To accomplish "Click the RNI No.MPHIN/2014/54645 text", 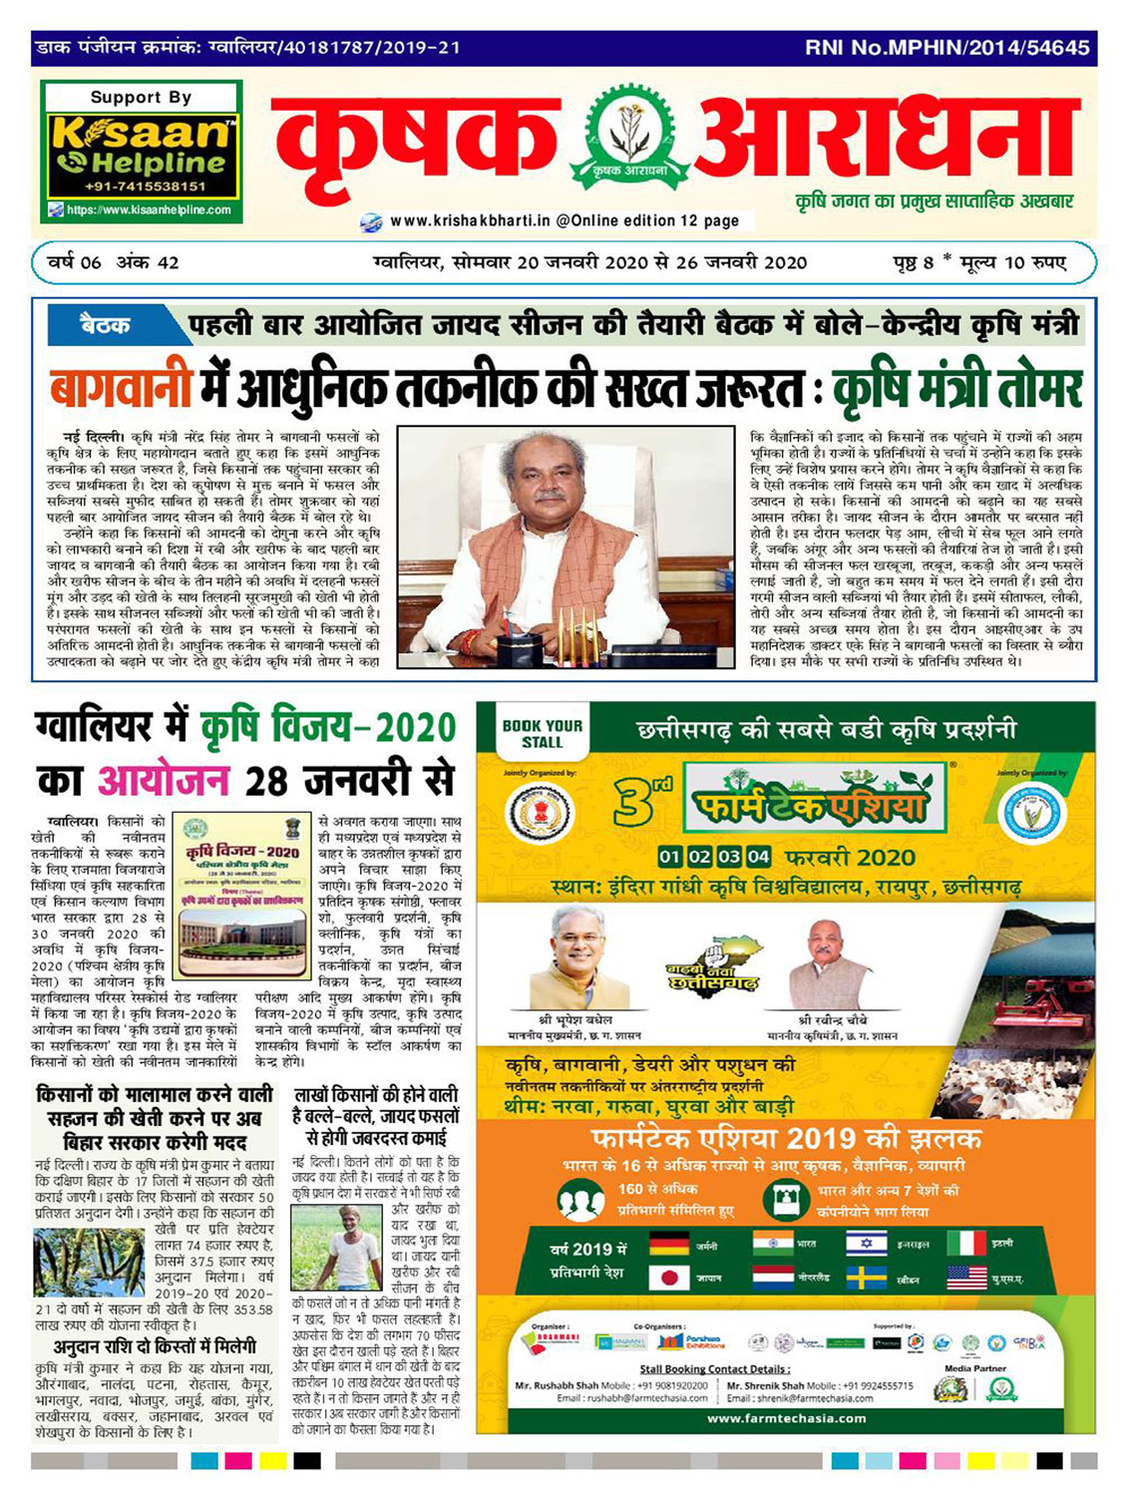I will click(946, 47).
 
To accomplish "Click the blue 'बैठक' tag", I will click(105, 325).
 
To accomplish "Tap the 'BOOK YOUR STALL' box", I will click(542, 734).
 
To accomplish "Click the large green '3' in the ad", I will click(635, 803).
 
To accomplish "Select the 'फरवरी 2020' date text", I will click(850, 858).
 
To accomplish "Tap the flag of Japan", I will click(669, 1278).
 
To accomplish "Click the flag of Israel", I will click(866, 1244).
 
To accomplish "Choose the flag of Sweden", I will click(866, 1278).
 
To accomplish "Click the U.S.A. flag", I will click(965, 1278).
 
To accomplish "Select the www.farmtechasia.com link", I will click(786, 1418).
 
